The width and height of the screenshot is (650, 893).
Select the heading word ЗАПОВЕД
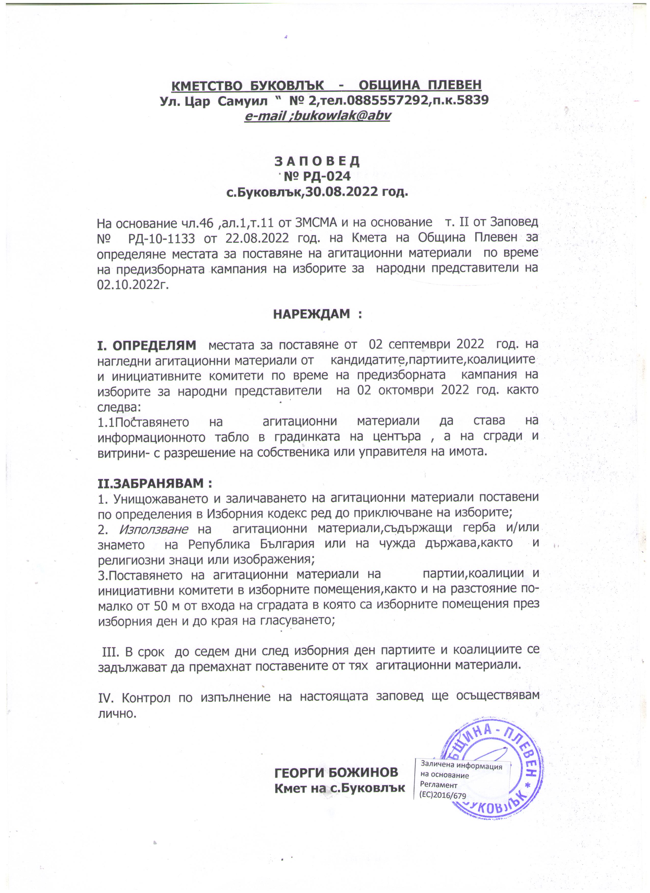pyautogui.click(x=317, y=161)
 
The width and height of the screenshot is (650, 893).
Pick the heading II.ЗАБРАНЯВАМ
pyautogui.click(x=155, y=483)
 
